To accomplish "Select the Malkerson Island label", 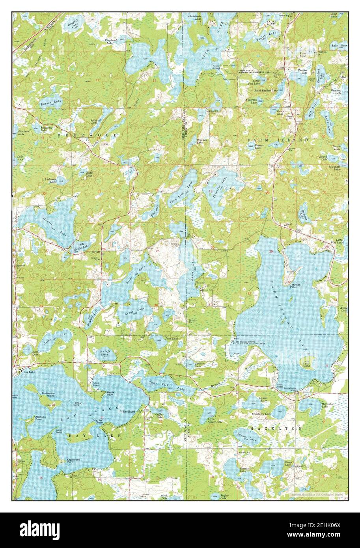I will (x=45, y=394).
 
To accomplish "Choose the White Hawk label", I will (x=127, y=411).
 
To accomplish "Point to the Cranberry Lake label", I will (x=262, y=414).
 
